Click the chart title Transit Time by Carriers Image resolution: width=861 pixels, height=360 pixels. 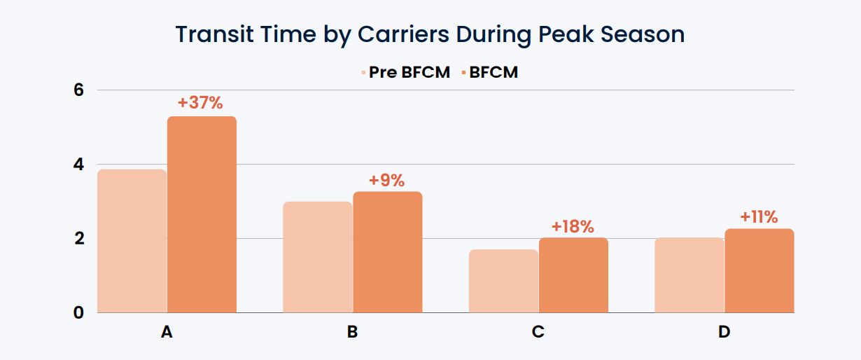430,34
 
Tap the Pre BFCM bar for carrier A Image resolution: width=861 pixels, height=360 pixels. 132,241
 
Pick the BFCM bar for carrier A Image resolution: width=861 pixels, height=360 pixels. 202,214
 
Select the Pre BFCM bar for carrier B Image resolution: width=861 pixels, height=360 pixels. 317,257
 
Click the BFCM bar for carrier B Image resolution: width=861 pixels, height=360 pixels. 387,252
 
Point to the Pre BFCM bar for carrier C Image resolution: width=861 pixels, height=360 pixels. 503,281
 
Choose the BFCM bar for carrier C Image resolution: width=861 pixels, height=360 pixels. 573,275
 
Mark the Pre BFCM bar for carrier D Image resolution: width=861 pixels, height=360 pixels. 689,275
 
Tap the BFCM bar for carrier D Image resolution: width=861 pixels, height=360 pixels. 759,270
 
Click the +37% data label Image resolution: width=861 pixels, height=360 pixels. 200,103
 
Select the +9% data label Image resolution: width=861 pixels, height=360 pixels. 386,180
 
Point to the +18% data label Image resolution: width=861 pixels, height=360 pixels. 573,226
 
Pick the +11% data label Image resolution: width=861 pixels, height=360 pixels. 759,217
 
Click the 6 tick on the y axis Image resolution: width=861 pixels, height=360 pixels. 79,90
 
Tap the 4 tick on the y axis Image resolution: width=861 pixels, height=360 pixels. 79,165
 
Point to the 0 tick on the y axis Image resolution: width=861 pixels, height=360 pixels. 79,313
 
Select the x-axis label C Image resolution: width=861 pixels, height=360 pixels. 538,332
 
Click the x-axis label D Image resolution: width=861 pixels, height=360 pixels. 724,332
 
